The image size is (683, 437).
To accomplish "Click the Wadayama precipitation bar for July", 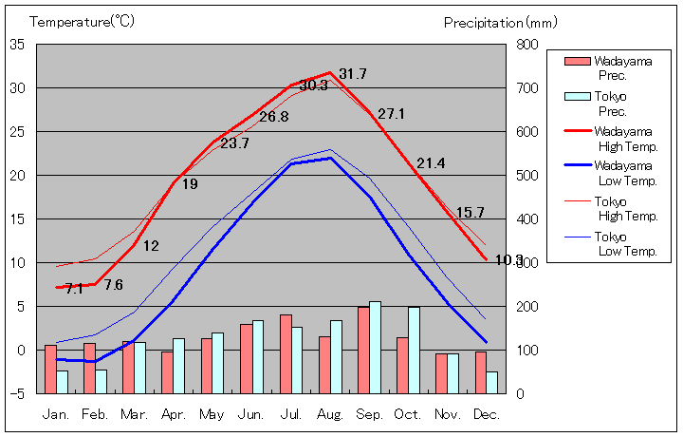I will (286, 353).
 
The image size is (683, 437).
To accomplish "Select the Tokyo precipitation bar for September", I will (376, 347).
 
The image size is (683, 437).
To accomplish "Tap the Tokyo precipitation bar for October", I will (415, 350).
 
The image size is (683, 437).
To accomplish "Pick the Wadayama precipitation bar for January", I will (50, 369).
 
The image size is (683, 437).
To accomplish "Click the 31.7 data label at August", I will (353, 74).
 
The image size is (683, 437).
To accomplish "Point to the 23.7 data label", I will (234, 143).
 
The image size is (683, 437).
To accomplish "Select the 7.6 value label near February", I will (113, 284).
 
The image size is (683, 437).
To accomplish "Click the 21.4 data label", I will (431, 163).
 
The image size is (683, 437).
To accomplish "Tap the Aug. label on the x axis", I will (330, 414).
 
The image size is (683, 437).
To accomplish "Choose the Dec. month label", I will (487, 414).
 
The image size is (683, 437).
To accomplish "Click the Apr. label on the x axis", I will (174, 414).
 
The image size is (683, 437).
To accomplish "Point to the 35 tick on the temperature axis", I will (18, 45).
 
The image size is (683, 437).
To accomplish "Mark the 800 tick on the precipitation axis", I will (527, 45).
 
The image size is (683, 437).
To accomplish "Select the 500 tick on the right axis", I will (527, 176).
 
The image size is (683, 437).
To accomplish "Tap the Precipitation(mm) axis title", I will (500, 21).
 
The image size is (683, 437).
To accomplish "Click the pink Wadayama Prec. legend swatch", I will (577, 62).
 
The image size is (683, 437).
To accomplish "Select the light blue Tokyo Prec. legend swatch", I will (577, 96).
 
